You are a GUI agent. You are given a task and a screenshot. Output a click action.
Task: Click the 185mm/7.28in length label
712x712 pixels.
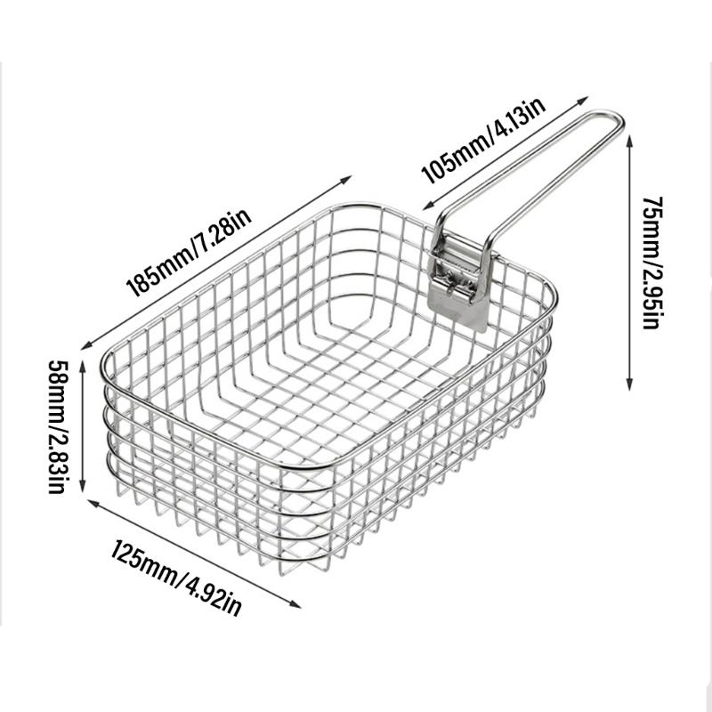click(191, 253)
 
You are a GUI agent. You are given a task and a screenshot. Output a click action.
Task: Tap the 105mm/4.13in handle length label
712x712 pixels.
click(484, 140)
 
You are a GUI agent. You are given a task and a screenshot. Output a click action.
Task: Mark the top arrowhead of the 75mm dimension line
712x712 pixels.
click(630, 139)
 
